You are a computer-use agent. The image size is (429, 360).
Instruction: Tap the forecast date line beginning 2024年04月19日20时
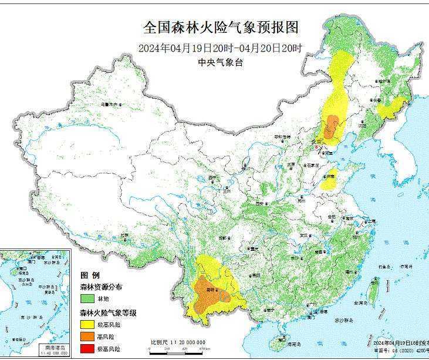click(221, 48)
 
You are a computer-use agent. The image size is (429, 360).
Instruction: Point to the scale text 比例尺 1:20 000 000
click(177, 342)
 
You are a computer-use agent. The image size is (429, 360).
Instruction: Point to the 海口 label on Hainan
click(282, 339)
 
